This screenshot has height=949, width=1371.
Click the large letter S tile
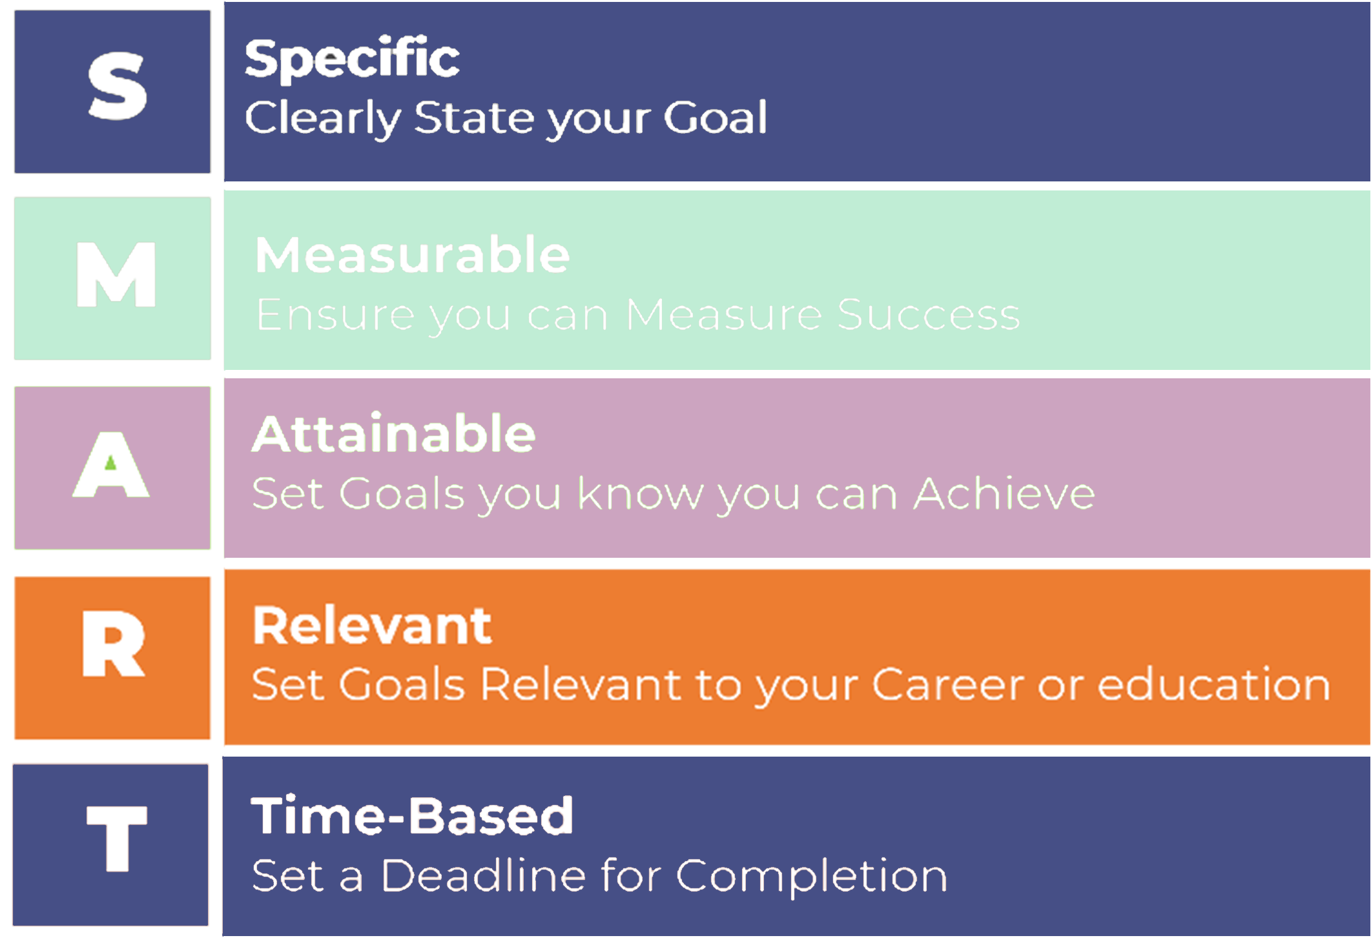tap(112, 92)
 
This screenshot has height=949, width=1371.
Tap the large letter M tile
tap(112, 278)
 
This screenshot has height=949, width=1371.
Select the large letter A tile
tap(112, 468)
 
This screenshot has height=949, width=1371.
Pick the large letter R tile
tap(112, 658)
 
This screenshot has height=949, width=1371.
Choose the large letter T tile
tap(110, 845)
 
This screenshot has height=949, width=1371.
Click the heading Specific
tap(352, 59)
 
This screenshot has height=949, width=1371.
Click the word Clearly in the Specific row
tap(323, 119)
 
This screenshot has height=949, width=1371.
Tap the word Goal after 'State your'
tap(716, 117)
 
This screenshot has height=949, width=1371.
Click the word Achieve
tap(1004, 494)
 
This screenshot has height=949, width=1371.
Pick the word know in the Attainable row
tap(640, 494)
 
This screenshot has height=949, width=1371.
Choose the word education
tap(1214, 684)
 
